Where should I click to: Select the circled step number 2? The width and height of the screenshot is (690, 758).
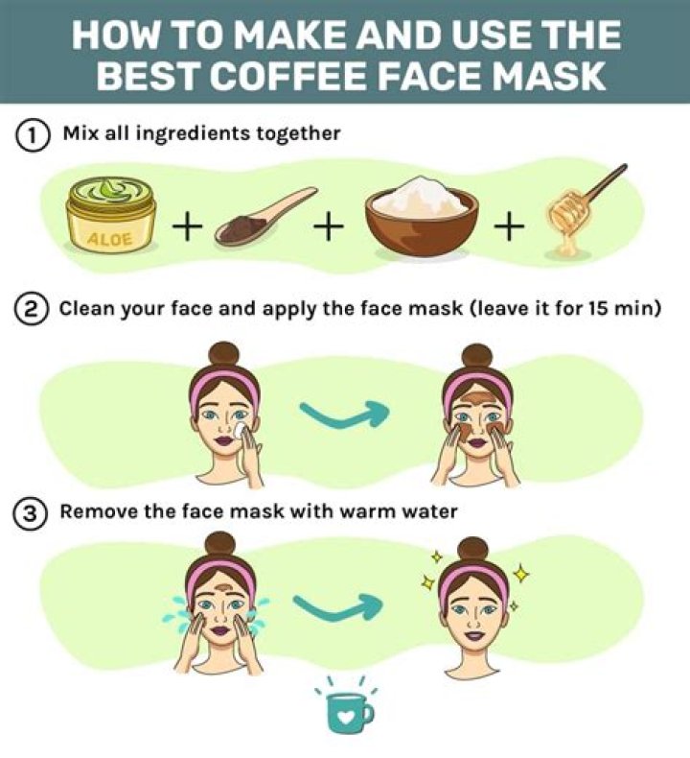31,311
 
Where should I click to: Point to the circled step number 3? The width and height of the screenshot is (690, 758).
31,513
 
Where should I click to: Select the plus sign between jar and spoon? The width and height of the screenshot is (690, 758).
188,226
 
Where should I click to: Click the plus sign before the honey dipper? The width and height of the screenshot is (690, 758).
510,226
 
